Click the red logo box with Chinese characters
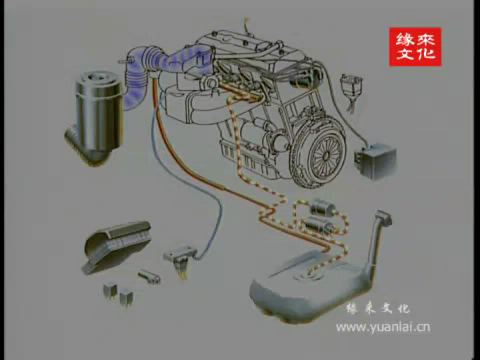[x=415, y=47]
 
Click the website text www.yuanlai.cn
[x=383, y=327]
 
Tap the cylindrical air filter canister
[x=97, y=113]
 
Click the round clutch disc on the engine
[x=319, y=151]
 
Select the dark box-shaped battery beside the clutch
[x=375, y=161]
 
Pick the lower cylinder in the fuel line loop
[x=318, y=224]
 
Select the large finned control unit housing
[x=117, y=246]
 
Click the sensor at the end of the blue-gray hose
[x=181, y=257]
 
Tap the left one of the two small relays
[x=110, y=290]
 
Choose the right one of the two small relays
[x=126, y=297]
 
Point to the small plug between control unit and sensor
[x=149, y=276]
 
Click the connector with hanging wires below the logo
[x=351, y=89]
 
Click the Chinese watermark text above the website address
[x=378, y=309]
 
